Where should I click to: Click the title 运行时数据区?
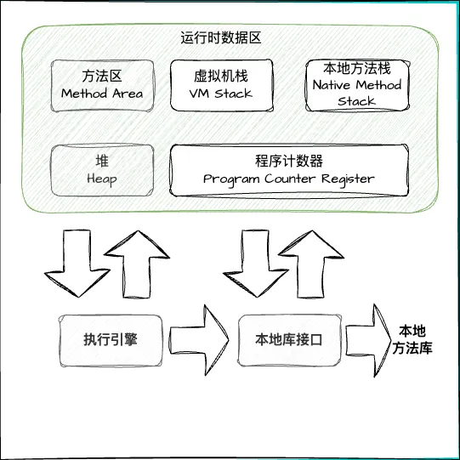[x=220, y=38]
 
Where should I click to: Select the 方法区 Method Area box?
[x=102, y=86]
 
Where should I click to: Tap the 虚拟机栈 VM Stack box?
[x=221, y=85]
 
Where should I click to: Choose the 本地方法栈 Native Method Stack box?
[x=357, y=85]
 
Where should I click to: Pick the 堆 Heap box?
[x=102, y=170]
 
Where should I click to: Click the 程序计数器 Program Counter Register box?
[x=289, y=170]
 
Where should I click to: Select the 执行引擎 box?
[x=111, y=341]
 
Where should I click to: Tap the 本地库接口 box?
[x=289, y=341]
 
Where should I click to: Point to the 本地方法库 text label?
[x=412, y=340]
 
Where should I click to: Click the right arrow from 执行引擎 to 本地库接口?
[x=199, y=340]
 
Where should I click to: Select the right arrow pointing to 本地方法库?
[x=368, y=340]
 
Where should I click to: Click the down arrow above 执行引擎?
[x=77, y=264]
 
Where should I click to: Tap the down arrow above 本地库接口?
[x=256, y=264]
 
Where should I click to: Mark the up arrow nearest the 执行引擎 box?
[x=137, y=264]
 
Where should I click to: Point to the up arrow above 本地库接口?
[x=311, y=264]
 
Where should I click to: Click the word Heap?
[x=102, y=179]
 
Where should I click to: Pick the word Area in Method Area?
[x=128, y=94]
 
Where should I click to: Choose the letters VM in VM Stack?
[x=199, y=94]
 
